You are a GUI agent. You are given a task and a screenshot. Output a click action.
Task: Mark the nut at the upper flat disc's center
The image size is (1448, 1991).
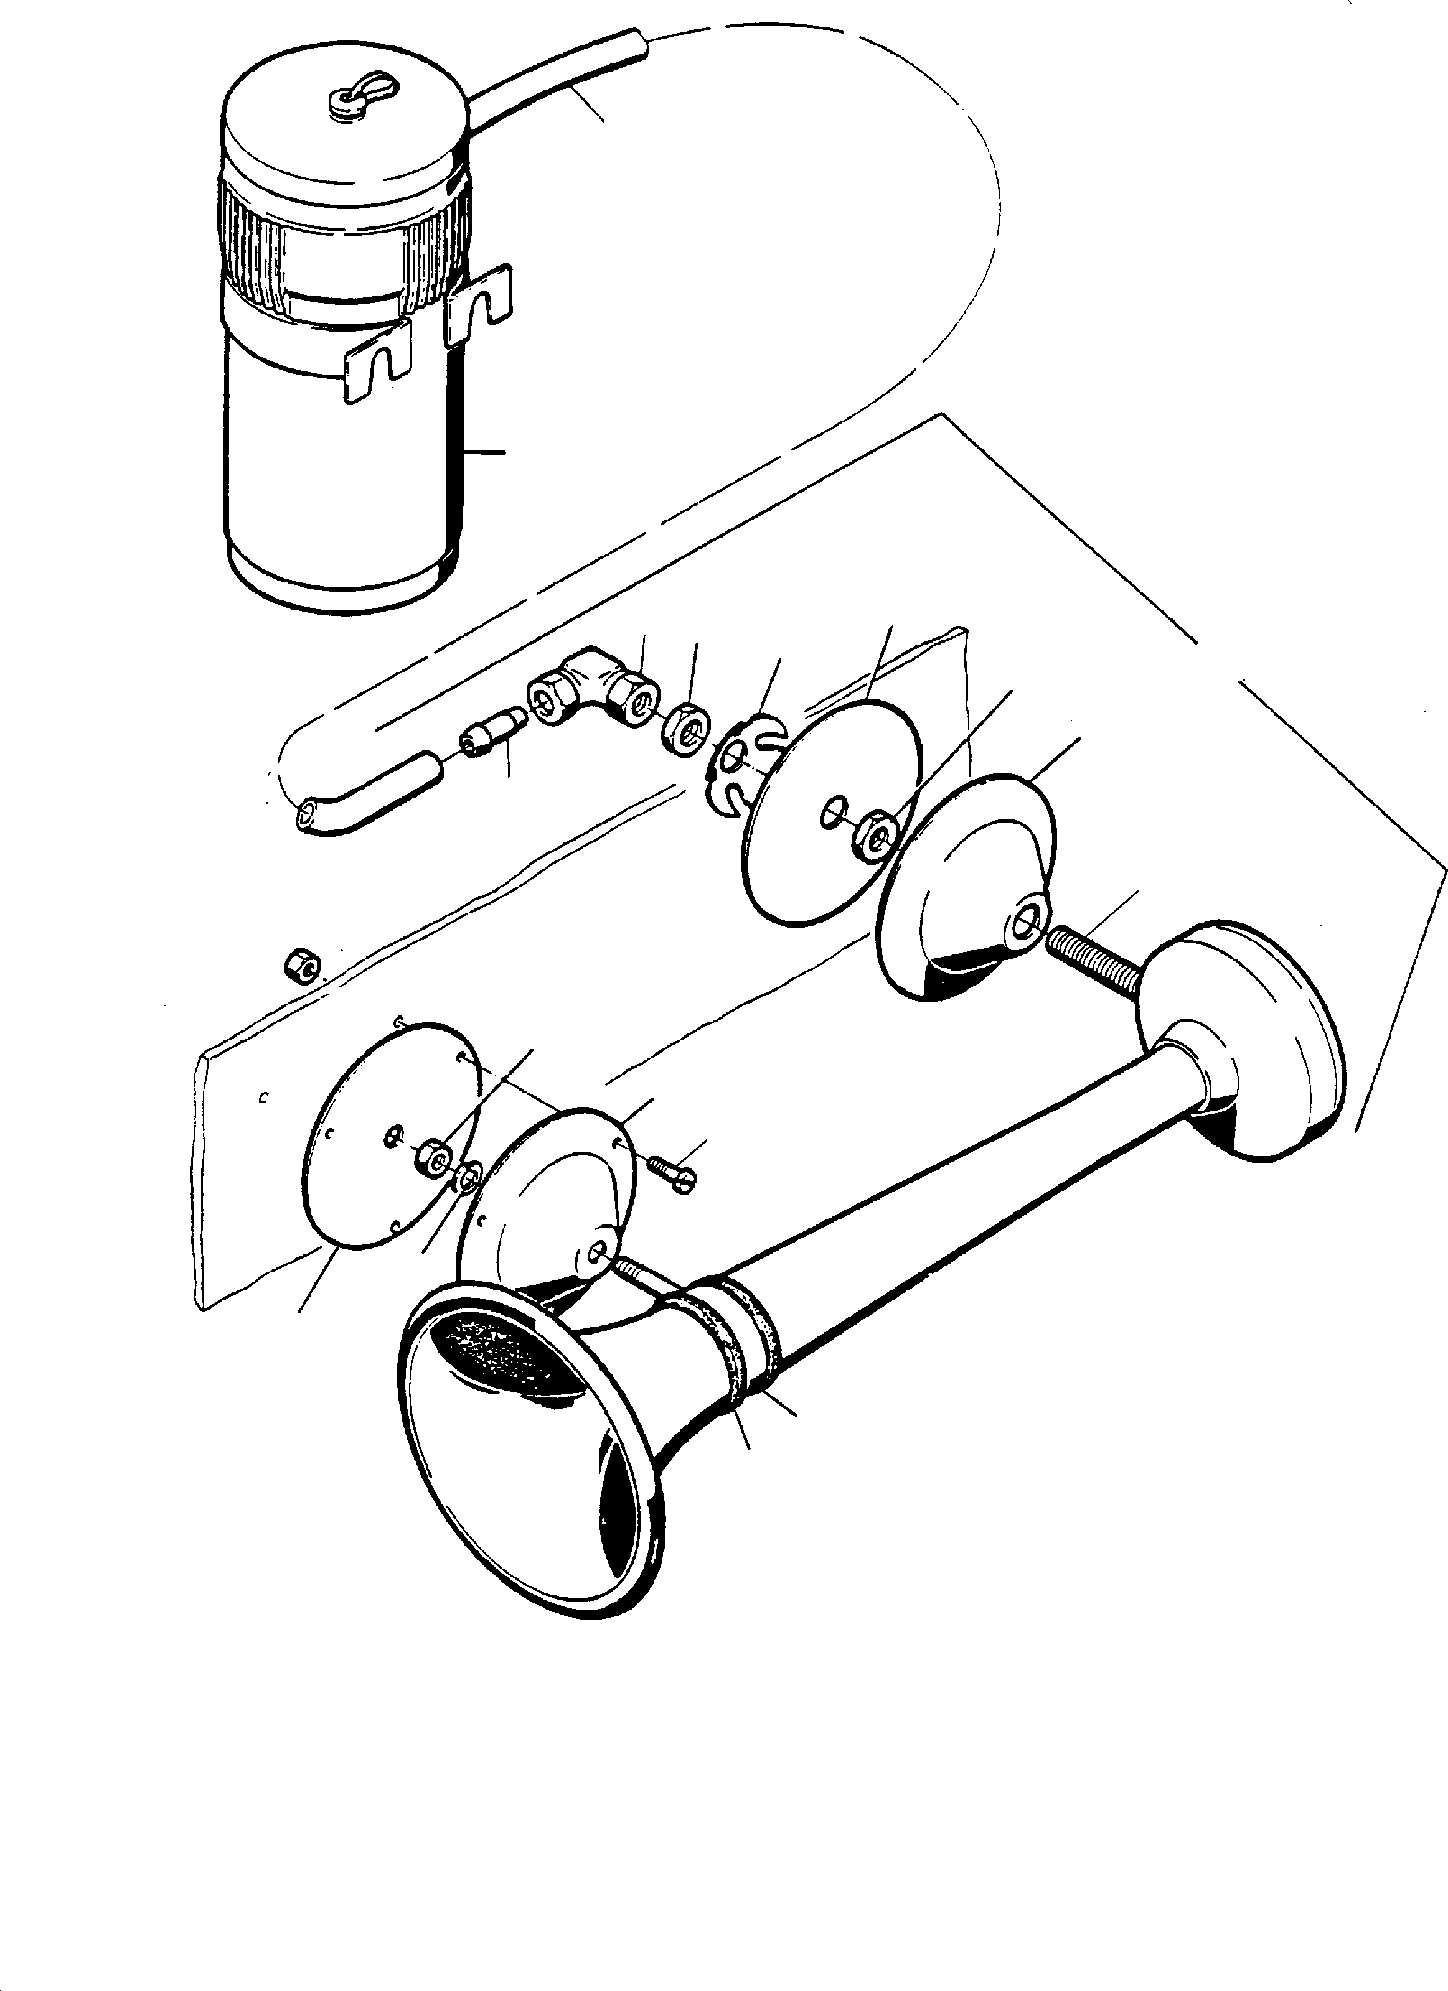pos(875,834)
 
